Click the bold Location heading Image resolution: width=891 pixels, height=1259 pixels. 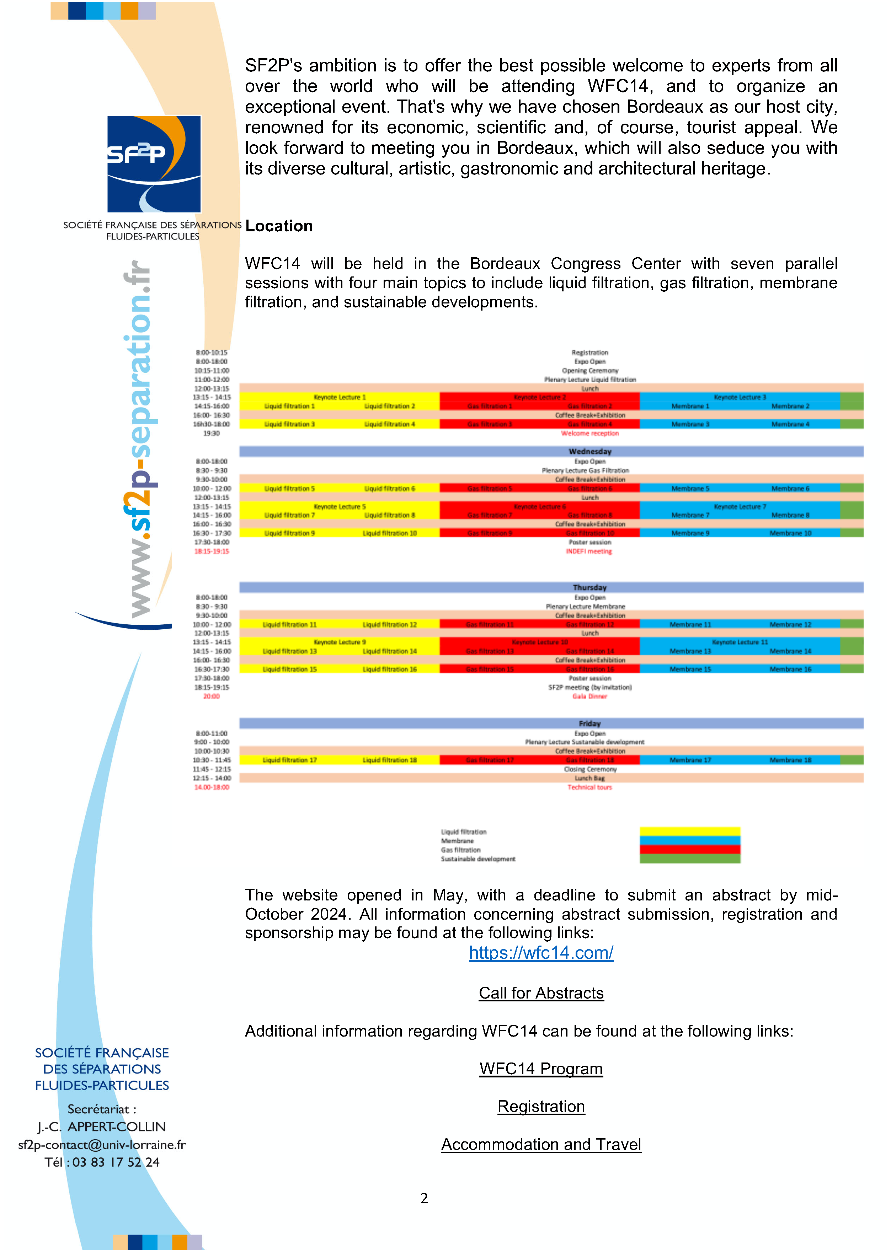click(279, 226)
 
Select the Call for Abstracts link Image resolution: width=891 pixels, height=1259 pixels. click(541, 993)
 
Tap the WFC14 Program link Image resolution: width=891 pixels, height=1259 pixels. click(541, 1069)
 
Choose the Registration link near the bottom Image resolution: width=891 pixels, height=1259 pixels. click(541, 1107)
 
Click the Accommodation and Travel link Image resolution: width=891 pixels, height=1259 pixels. click(541, 1144)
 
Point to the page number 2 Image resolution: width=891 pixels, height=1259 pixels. click(424, 1198)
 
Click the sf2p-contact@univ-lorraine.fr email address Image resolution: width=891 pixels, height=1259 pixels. click(102, 1145)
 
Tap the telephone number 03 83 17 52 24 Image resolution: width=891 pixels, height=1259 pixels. click(116, 1162)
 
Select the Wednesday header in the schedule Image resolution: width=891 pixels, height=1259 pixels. click(590, 451)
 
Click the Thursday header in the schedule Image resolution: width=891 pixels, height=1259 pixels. click(590, 587)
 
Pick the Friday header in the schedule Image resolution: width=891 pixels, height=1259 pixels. click(590, 724)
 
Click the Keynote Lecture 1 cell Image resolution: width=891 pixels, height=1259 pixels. click(340, 397)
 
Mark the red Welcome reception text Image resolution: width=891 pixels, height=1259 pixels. click(590, 433)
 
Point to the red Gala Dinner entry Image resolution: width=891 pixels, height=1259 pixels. click(590, 696)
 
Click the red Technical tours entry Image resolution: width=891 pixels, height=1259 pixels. click(590, 787)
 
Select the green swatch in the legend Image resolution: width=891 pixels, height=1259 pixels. click(690, 859)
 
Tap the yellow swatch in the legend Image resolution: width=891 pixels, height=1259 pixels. click(690, 831)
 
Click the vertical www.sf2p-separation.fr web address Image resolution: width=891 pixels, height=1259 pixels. click(137, 439)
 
